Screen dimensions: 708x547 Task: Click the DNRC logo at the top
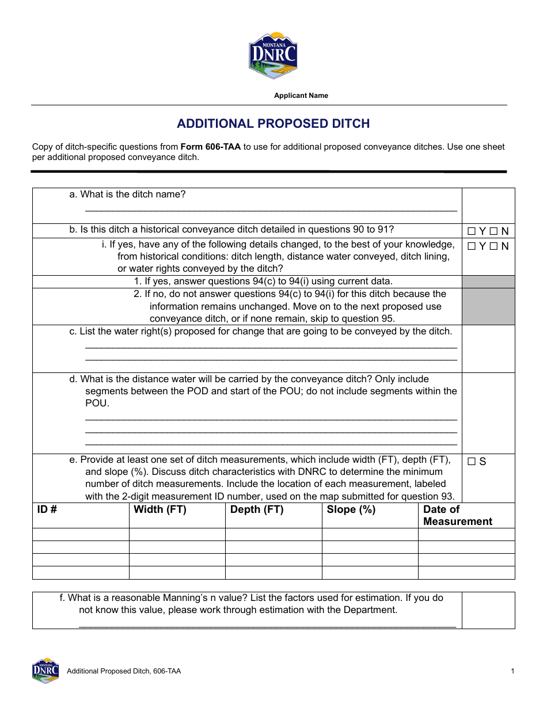(x=273, y=55)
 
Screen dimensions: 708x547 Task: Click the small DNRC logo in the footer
(x=45, y=671)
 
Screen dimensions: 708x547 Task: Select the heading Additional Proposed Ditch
(x=273, y=124)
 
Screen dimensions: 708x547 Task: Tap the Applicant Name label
(x=301, y=96)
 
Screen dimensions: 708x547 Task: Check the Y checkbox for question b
(x=472, y=231)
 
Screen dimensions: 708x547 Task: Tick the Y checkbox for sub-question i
(x=472, y=246)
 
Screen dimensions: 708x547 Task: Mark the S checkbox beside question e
(x=472, y=462)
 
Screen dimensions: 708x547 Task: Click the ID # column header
(x=47, y=509)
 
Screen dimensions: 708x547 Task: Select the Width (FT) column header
(x=160, y=509)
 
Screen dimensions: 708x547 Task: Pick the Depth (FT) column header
(x=257, y=509)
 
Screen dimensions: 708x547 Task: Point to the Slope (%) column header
(x=351, y=509)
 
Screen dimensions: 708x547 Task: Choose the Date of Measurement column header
(x=457, y=515)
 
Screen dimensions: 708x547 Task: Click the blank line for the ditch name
(x=271, y=208)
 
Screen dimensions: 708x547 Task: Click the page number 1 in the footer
(x=512, y=671)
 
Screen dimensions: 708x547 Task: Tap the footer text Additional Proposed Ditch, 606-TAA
(x=124, y=671)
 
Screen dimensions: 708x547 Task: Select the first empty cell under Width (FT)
(x=177, y=534)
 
